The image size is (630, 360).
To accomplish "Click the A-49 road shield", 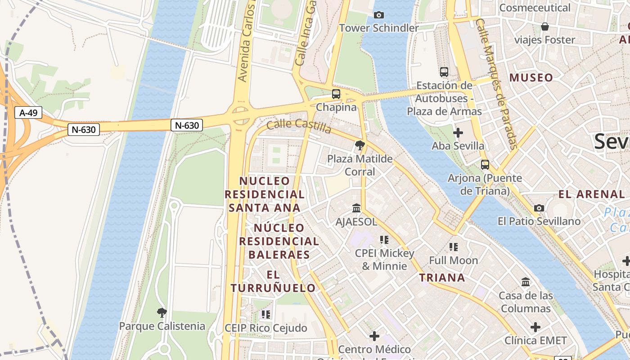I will coord(28,112).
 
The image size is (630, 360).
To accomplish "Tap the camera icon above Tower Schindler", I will coord(379,15).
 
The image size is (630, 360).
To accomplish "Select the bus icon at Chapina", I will coord(336,94).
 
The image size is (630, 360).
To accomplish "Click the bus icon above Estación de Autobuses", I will coord(444,72).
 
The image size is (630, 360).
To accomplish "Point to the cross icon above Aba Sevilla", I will coord(458,133).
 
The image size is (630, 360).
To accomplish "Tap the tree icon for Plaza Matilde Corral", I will coord(360,145).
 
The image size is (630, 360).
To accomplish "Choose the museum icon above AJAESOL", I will coord(356,208).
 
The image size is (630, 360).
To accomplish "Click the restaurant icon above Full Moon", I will coord(453,247).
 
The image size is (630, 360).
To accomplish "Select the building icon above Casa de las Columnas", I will coord(526,282).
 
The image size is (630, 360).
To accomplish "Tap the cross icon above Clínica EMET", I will coord(535,327).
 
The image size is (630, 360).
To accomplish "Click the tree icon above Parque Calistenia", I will coord(162,312).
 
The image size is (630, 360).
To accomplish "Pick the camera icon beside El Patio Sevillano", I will coord(539,208).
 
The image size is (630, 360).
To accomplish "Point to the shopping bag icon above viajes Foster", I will coord(545,27).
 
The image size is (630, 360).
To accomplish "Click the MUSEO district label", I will coord(531,78).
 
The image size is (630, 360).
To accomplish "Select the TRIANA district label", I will coord(442,278).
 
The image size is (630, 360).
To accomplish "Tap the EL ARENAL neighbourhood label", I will coord(591,194).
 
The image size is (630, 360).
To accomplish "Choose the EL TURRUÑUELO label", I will coord(273,281).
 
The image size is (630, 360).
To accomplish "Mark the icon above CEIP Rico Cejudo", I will coord(266,314).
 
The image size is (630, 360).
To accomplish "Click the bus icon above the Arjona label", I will coord(485,164).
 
